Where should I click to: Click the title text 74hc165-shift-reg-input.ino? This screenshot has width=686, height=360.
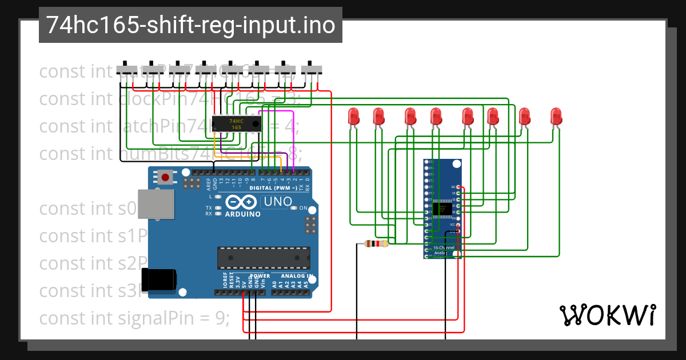[190, 25]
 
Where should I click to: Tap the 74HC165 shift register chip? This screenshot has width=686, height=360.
[236, 124]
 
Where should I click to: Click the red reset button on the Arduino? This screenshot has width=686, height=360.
[165, 177]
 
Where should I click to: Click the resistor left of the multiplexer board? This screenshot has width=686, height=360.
[376, 244]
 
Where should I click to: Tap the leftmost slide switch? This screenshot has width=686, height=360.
[127, 69]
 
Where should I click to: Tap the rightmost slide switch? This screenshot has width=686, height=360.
[312, 69]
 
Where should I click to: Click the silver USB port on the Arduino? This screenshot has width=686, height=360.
[157, 205]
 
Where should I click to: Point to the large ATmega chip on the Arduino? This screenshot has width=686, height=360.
[264, 258]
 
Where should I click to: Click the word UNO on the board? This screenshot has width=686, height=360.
[277, 202]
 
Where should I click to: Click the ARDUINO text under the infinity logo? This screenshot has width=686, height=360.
[242, 214]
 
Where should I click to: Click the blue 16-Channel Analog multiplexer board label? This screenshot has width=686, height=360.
[444, 250]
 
